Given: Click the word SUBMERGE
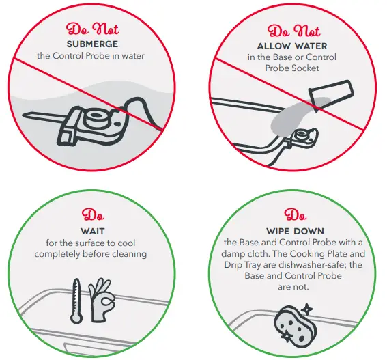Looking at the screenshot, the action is click(x=92, y=44).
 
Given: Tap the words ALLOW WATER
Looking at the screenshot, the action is click(x=292, y=46).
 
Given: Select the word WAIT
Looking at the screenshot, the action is click(x=93, y=232).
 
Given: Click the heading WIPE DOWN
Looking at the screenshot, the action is click(x=295, y=232).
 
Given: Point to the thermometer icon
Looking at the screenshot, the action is click(x=76, y=301).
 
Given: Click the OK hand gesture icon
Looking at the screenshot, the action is click(x=102, y=299).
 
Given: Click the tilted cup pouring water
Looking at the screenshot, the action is click(x=331, y=94).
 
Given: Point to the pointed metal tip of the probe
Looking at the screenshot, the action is click(x=25, y=115).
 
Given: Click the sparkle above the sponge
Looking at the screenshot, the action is click(x=307, y=309).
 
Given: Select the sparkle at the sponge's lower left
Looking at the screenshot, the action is click(x=287, y=336).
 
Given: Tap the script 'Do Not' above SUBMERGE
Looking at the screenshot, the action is click(x=92, y=29).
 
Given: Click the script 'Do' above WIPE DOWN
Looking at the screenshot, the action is click(x=295, y=214).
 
